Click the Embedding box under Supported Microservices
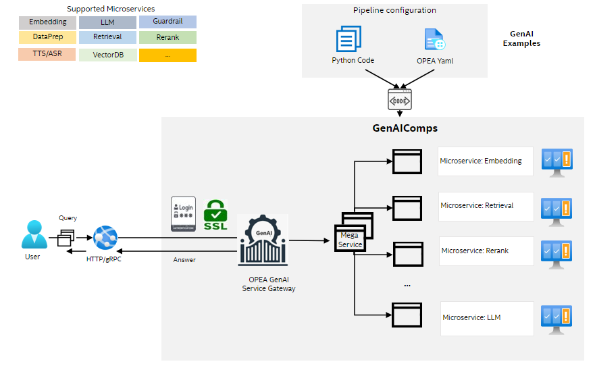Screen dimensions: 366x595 tap(47, 22)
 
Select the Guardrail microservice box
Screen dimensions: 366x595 tap(167, 22)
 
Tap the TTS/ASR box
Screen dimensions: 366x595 tap(47, 54)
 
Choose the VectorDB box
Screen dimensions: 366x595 tap(107, 55)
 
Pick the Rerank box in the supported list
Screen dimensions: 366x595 tap(167, 38)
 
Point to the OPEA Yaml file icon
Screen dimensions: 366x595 tap(434, 39)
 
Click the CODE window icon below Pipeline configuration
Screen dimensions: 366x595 tap(398, 99)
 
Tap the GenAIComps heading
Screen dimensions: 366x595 tap(405, 128)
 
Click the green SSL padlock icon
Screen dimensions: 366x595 tap(215, 216)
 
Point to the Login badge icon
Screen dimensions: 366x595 tap(183, 215)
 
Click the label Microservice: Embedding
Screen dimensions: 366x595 tap(481, 161)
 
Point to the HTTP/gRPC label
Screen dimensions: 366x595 tap(105, 259)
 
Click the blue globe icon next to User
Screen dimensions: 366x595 tap(106, 236)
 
